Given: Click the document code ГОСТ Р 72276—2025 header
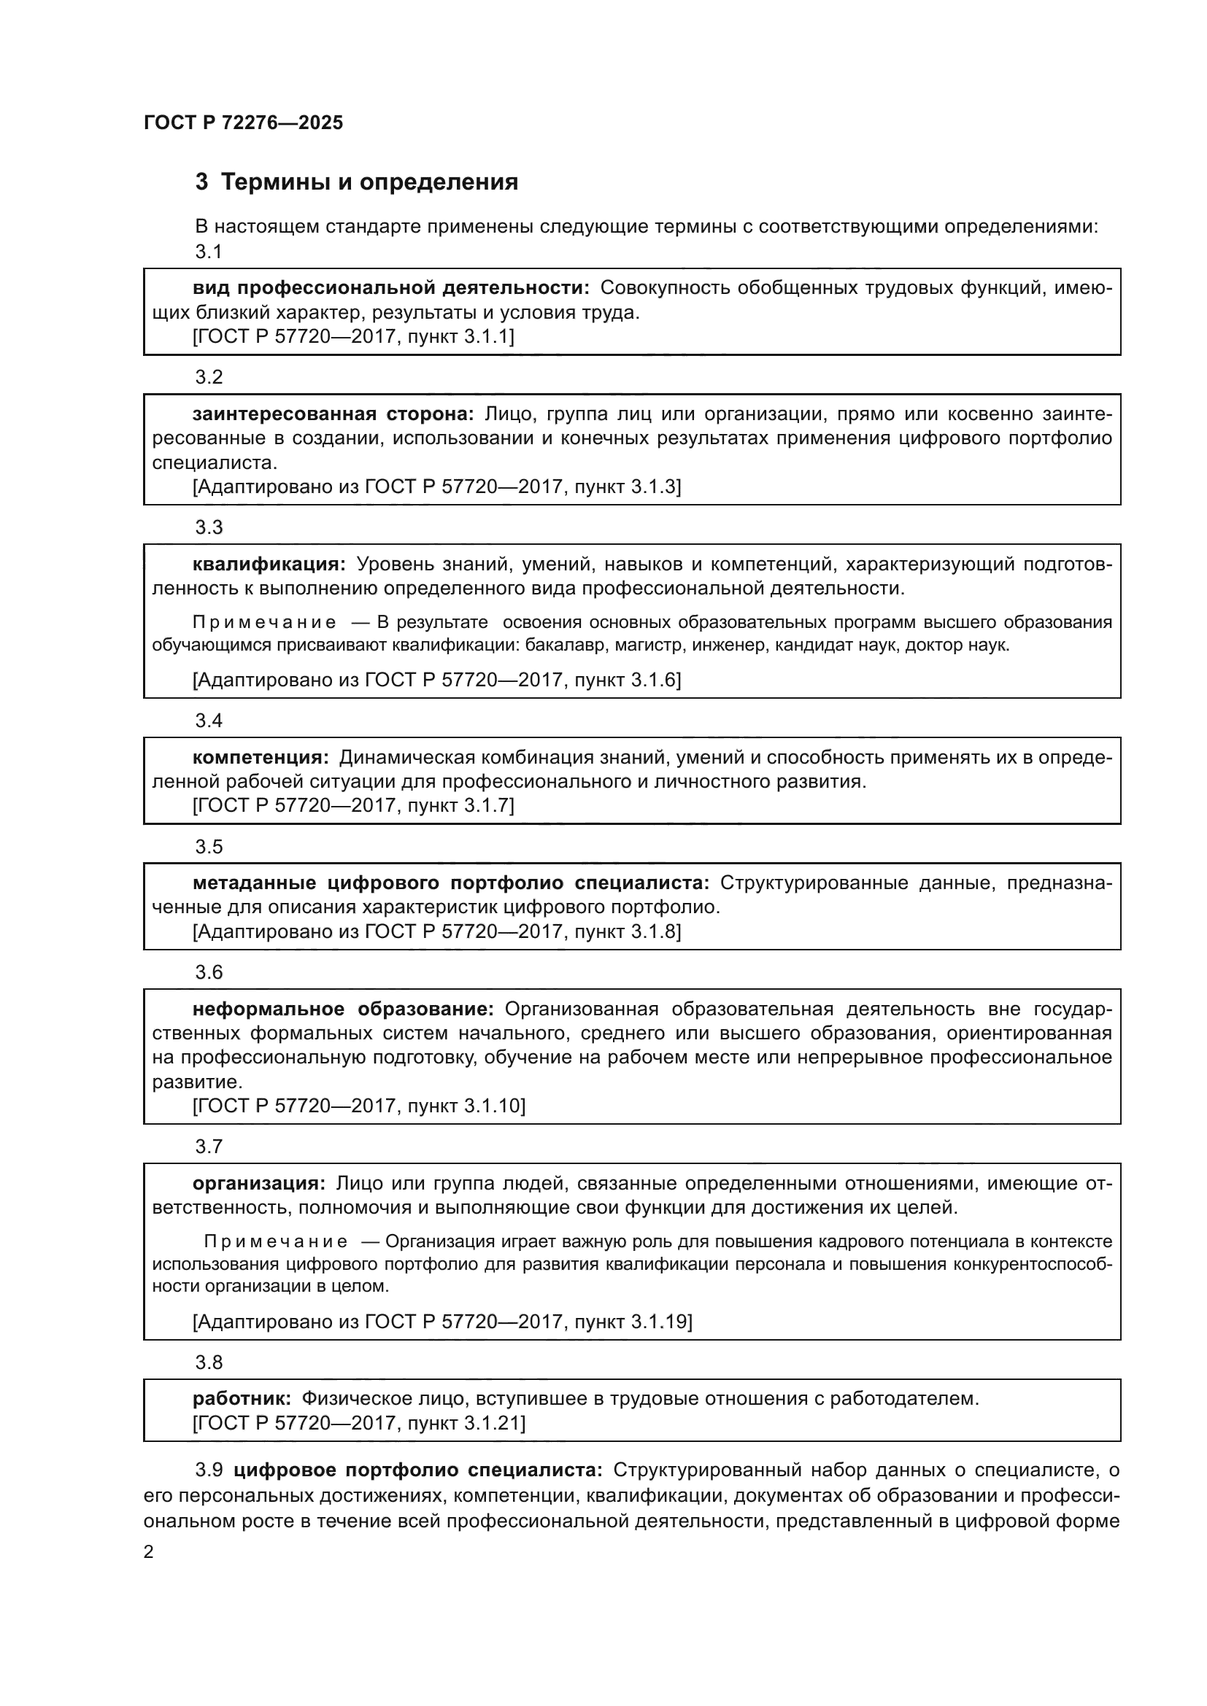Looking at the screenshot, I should (x=244, y=123).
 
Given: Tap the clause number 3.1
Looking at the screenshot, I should (x=209, y=252).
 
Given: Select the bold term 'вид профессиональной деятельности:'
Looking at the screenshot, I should (x=391, y=288).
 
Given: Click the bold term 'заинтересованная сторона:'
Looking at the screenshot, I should (x=333, y=414).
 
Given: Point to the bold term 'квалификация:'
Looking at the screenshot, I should (x=269, y=564).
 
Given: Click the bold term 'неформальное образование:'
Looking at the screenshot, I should (x=343, y=1009).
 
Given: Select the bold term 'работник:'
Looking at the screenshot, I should (x=242, y=1398).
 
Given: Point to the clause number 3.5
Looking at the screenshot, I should (x=209, y=846).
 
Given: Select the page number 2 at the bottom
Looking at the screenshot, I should (x=149, y=1552).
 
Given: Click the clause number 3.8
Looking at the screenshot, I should (x=209, y=1362).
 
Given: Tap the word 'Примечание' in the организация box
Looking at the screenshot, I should (x=276, y=1241).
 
